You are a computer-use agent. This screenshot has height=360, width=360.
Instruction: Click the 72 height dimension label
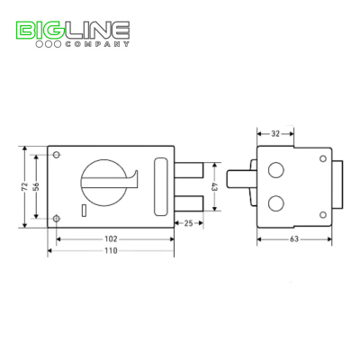(x=24, y=187)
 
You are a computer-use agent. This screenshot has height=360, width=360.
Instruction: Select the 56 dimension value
(x=36, y=187)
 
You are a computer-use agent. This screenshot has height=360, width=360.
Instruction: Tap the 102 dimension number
(x=111, y=239)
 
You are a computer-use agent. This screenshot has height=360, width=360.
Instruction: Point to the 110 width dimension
(x=111, y=250)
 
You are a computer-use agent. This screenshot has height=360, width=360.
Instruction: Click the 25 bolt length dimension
(x=188, y=223)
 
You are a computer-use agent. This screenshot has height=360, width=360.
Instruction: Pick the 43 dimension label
(x=214, y=187)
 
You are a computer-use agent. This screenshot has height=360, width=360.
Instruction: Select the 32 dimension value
(x=275, y=134)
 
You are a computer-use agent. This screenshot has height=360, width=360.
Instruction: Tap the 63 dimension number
(x=294, y=239)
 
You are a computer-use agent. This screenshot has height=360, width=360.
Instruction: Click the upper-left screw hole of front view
(x=57, y=155)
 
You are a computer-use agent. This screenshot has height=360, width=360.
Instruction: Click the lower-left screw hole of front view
(x=57, y=219)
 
